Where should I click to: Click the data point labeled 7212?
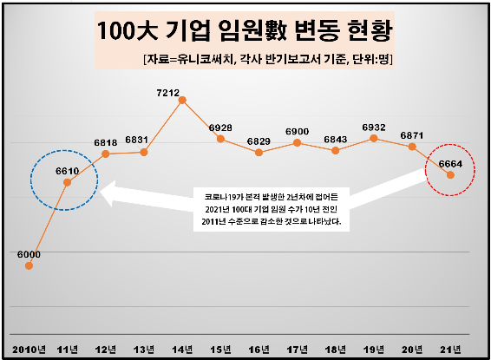(182, 100)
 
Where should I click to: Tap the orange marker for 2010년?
(29, 265)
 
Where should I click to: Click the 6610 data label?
(68, 172)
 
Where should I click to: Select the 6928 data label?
(220, 128)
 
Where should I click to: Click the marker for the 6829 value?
(259, 152)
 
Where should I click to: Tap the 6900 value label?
(298, 130)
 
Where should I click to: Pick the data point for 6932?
(374, 137)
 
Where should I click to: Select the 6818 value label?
(106, 142)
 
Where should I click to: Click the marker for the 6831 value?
(144, 152)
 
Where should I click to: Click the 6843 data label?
(336, 139)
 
